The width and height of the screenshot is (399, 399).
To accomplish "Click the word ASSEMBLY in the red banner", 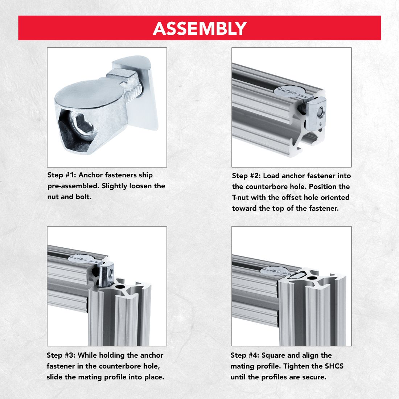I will [199, 28].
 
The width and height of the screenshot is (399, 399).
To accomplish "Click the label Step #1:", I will [62, 175].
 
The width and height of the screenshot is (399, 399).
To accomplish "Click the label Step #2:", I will [246, 176].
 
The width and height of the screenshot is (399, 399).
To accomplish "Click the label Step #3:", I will [61, 355].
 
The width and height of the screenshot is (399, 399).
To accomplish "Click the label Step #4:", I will [245, 355].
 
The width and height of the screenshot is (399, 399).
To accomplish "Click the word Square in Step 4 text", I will [273, 355].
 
